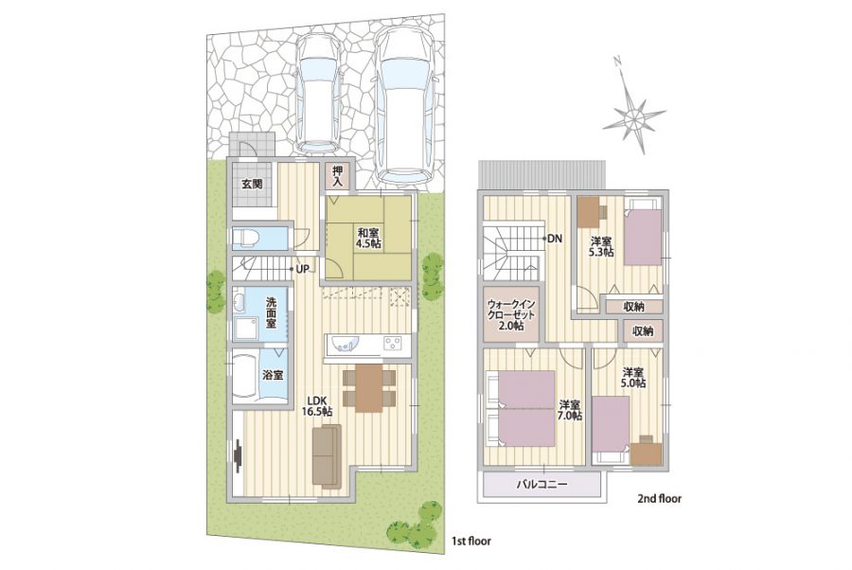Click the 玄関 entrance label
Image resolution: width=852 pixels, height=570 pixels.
[x=252, y=184]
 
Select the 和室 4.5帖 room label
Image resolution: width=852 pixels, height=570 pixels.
[x=368, y=239]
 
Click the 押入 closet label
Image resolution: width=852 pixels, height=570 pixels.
[x=338, y=177]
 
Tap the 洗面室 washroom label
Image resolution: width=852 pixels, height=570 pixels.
[x=270, y=312]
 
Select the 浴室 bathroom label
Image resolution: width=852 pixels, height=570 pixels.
[x=273, y=375]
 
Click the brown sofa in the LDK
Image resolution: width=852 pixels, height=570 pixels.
[x=327, y=454]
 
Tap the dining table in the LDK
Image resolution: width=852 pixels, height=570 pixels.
[x=369, y=387]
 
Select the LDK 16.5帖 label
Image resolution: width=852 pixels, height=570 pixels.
[x=317, y=406]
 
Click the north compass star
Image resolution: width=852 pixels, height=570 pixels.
[x=632, y=116]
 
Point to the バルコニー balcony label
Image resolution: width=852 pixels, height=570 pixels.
[x=541, y=484]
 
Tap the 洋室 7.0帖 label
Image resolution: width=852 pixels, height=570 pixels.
[x=570, y=410]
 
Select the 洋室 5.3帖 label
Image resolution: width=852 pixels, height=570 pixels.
[x=601, y=247]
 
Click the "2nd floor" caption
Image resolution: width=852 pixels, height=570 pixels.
[x=659, y=498]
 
